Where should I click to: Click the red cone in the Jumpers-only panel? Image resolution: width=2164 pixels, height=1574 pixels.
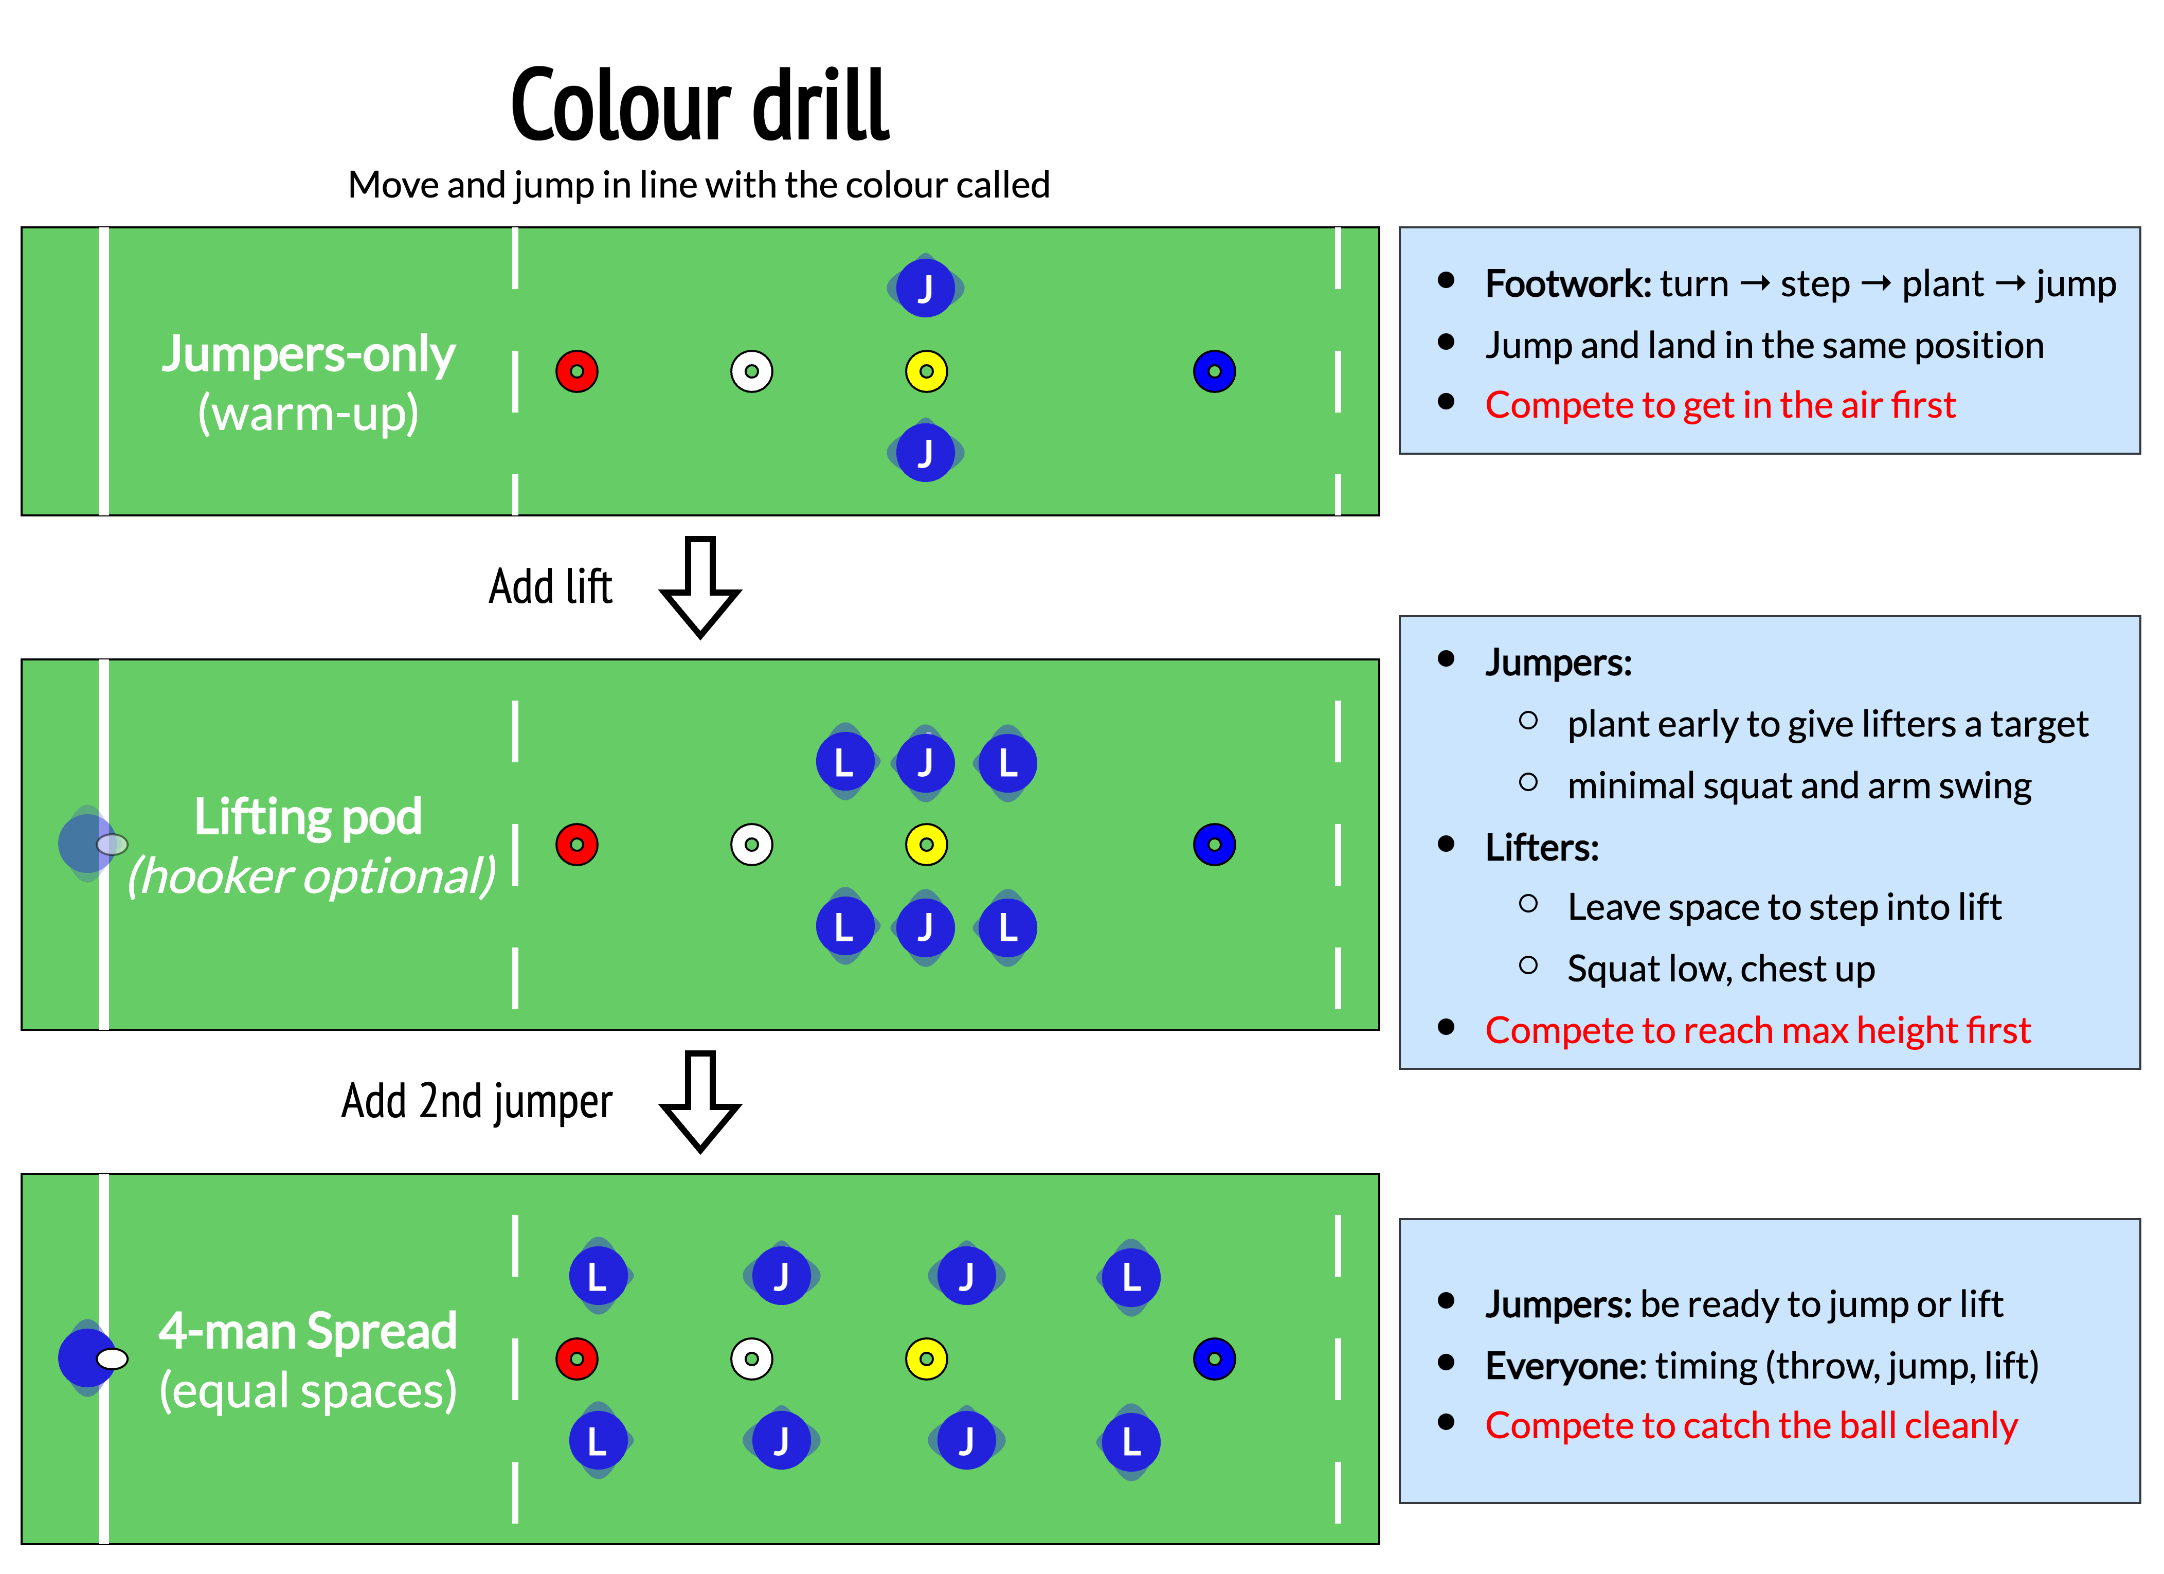(578, 371)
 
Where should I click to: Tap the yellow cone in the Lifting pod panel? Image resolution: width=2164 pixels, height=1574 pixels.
(927, 845)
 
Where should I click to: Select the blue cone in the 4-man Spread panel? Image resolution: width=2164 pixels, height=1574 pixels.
(1215, 1358)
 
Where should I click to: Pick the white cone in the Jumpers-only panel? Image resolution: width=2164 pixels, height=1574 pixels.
(752, 371)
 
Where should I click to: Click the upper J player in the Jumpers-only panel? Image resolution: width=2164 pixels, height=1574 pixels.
(926, 288)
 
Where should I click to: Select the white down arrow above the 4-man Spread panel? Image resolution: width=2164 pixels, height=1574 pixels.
(700, 1101)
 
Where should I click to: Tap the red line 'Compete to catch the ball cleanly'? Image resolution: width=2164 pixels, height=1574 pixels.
(1751, 1425)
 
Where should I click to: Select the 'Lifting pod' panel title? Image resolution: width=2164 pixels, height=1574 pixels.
(308, 817)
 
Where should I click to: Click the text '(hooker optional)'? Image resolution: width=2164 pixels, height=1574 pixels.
(312, 877)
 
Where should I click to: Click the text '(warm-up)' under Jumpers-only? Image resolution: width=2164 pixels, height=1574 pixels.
(308, 414)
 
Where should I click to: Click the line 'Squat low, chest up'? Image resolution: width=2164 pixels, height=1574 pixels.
(1720, 969)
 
